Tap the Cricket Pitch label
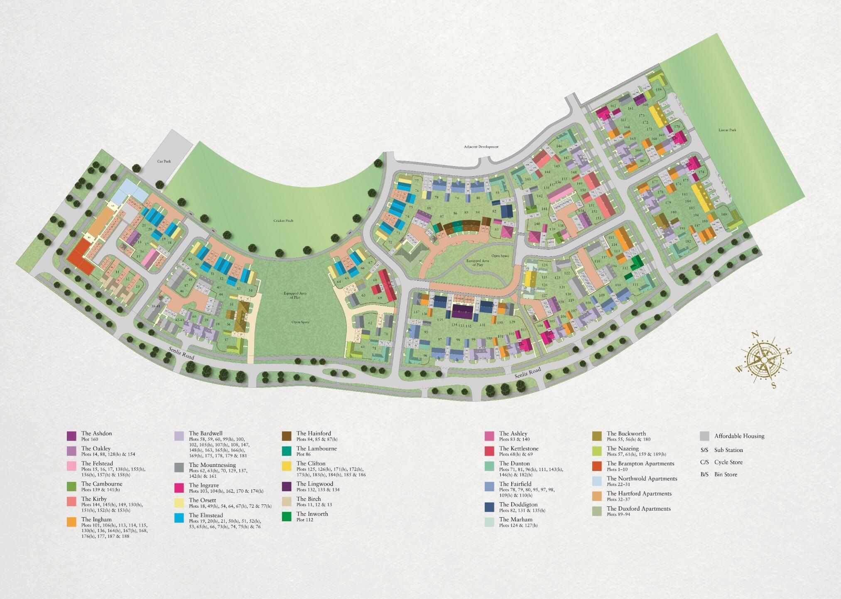tap(283, 221)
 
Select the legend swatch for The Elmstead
tap(179, 518)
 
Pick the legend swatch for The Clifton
tap(287, 466)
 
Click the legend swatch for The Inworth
tap(287, 516)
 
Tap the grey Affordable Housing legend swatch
tap(704, 436)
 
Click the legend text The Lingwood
tap(314, 484)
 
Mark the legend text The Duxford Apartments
tap(638, 508)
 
